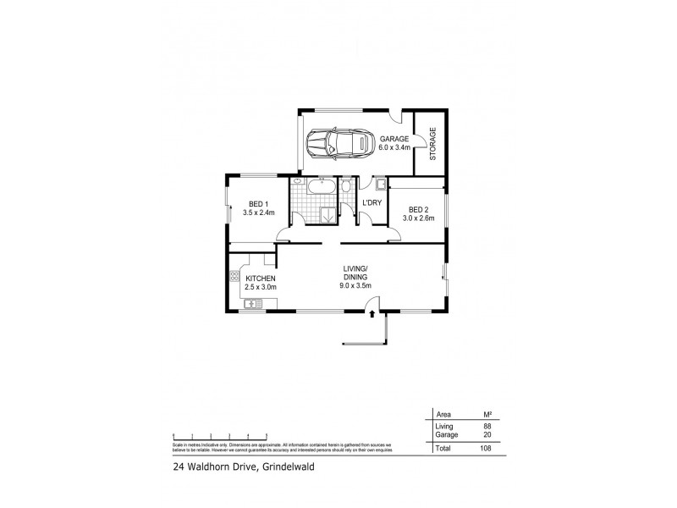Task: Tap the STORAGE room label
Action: [432, 144]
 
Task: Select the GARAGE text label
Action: [394, 139]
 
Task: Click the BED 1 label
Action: [256, 204]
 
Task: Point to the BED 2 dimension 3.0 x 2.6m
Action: [417, 218]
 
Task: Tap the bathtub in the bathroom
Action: [322, 186]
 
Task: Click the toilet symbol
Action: [347, 186]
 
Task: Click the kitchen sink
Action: [250, 302]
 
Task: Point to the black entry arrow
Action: [373, 315]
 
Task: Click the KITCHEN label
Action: [261, 279]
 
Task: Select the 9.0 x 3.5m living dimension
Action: [355, 287]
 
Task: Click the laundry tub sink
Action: [380, 185]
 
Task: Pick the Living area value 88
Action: [487, 427]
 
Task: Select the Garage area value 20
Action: [487, 434]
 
